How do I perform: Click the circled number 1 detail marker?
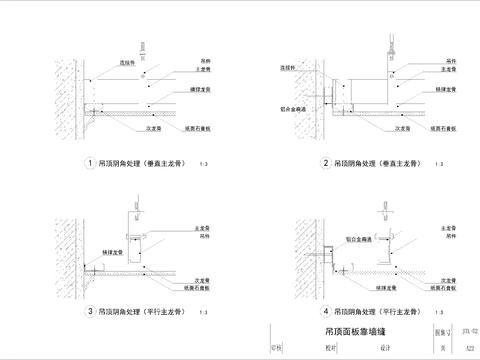[x=91, y=164]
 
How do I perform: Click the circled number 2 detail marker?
[x=326, y=164]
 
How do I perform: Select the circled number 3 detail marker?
[x=91, y=310]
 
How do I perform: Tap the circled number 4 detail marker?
[x=326, y=310]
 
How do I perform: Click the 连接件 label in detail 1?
[x=126, y=62]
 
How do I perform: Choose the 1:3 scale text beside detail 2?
[x=438, y=165]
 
